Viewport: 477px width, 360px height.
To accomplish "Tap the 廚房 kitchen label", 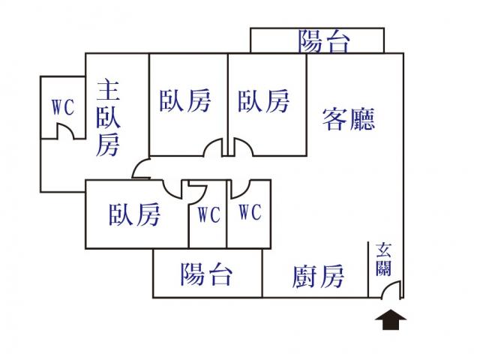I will pyautogui.click(x=318, y=277).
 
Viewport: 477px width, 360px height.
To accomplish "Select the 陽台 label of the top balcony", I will pyautogui.click(x=324, y=41).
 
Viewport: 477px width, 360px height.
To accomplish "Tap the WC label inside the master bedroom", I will pyautogui.click(x=63, y=107).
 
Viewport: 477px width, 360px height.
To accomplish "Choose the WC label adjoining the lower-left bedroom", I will pyautogui.click(x=208, y=214).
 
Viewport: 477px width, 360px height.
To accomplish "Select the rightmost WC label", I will pyautogui.click(x=250, y=213).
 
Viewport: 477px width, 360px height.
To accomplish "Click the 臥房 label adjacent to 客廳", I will pyautogui.click(x=264, y=101).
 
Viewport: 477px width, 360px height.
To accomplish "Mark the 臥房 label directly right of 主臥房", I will pyautogui.click(x=184, y=101).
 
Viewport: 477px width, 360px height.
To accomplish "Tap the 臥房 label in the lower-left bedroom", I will pyautogui.click(x=135, y=215).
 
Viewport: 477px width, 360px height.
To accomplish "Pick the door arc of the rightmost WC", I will pyautogui.click(x=241, y=187).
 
